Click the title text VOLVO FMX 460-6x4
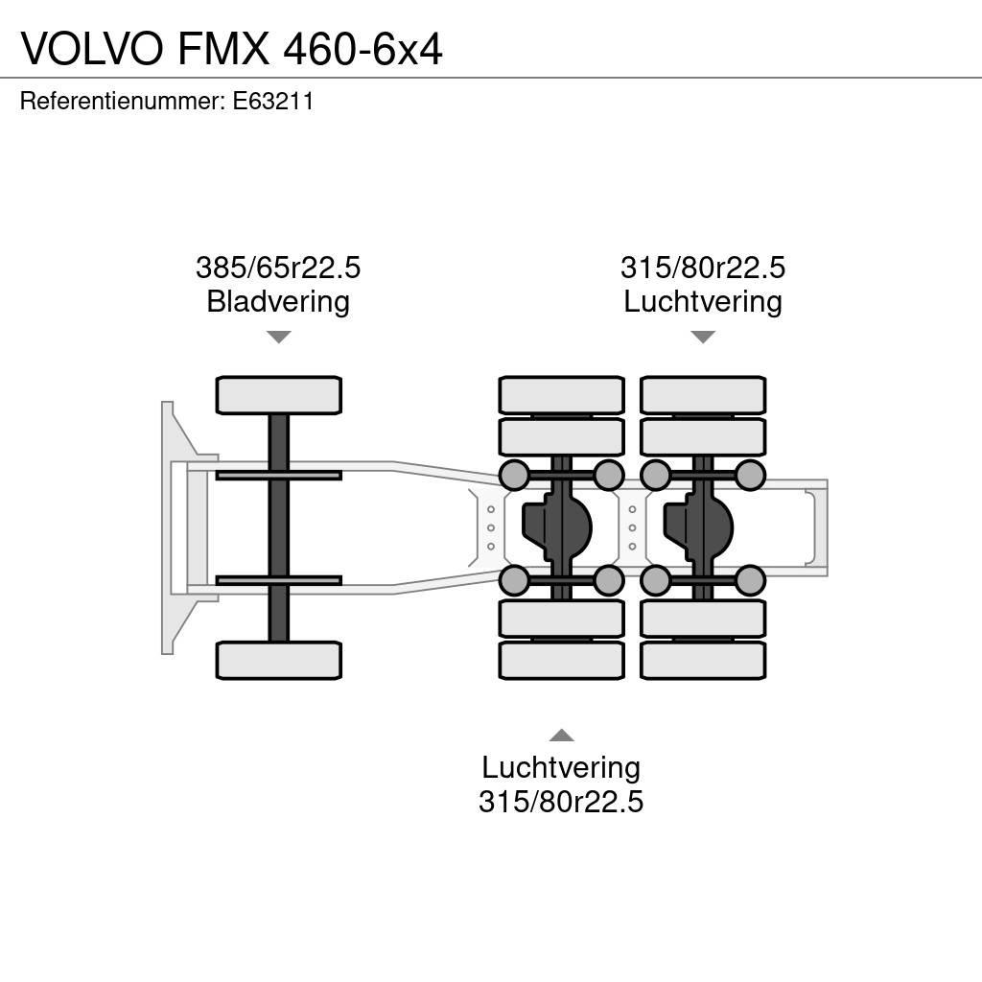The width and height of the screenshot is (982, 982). coord(231,48)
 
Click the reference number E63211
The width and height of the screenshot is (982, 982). coord(273,101)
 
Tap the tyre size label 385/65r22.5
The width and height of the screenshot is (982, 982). coord(278,268)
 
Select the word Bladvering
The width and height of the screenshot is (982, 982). coord(278,302)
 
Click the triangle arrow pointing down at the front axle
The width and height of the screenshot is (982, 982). coord(278,337)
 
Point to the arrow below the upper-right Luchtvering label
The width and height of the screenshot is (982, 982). coord(703,337)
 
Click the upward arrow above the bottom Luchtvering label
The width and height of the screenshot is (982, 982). coord(561,736)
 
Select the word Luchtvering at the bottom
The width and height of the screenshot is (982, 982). coord(561,767)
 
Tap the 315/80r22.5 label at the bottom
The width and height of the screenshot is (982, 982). coord(561,801)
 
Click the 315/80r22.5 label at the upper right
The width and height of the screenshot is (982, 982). coord(703,268)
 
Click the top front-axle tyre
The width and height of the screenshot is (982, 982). coord(278,395)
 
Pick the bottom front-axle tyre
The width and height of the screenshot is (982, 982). coord(278,660)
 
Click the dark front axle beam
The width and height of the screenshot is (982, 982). coord(278,527)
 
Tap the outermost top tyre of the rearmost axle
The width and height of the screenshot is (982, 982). coord(703,395)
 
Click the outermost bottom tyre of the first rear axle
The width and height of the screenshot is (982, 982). coord(561,660)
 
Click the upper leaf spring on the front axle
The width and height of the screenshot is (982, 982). coord(278,475)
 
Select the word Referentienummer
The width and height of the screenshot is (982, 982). coord(121,101)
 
